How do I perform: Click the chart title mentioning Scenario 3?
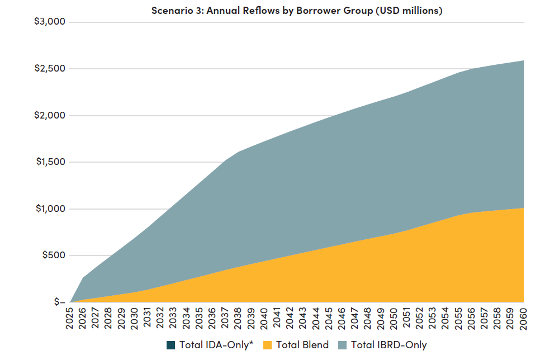pyautogui.click(x=297, y=11)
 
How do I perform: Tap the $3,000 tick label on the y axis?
pyautogui.click(x=50, y=22)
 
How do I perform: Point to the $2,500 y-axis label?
pyautogui.click(x=50, y=69)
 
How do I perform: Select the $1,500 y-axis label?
pyautogui.click(x=50, y=162)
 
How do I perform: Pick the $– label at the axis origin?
pyautogui.click(x=60, y=302)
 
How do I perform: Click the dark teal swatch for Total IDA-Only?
pyautogui.click(x=170, y=345)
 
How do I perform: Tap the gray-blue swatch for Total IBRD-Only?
pyautogui.click(x=342, y=345)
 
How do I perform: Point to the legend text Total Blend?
pyautogui.click(x=302, y=345)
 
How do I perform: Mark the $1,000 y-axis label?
pyautogui.click(x=50, y=209)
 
